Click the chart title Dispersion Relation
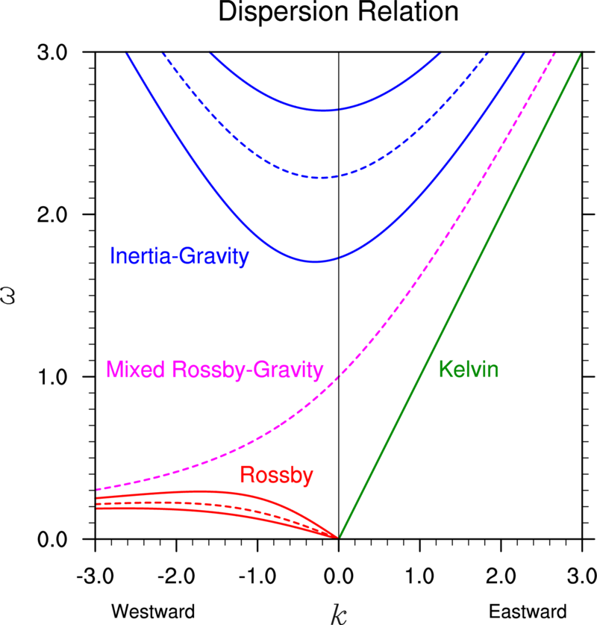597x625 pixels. click(338, 13)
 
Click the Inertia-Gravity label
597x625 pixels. click(179, 257)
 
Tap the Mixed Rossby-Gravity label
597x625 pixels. click(214, 369)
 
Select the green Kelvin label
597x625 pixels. click(469, 368)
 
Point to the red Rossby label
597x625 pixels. click(276, 475)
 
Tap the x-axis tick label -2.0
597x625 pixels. click(175, 576)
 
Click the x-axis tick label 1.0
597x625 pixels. click(419, 576)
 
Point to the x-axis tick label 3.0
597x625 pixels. click(581, 576)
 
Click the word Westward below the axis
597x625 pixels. click(153, 611)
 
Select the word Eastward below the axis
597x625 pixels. click(523, 611)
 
